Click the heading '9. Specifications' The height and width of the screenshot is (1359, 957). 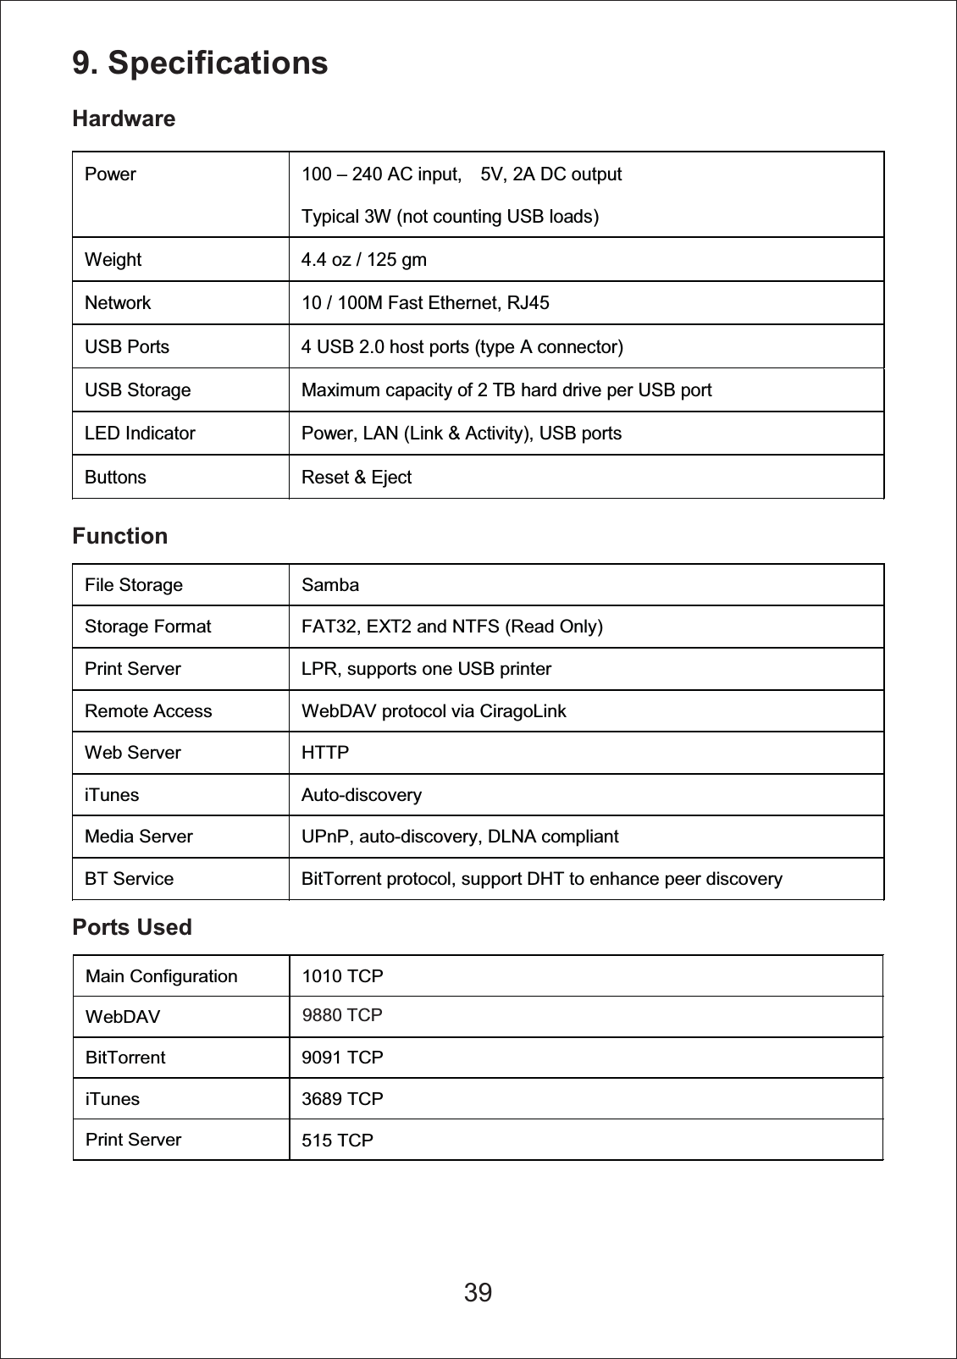(200, 63)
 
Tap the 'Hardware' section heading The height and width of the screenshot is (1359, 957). (124, 119)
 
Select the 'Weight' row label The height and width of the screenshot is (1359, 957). (113, 260)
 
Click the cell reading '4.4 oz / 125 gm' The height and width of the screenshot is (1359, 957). (364, 260)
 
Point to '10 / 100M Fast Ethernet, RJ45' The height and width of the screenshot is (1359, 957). (425, 303)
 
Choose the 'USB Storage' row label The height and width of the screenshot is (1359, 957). (137, 390)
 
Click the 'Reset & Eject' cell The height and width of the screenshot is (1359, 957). (357, 478)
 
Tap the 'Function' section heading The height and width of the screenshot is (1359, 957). (120, 537)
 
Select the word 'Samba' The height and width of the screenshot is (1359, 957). (330, 585)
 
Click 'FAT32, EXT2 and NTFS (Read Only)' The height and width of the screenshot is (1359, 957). (452, 627)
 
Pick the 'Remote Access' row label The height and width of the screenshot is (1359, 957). (148, 711)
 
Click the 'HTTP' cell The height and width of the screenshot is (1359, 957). (325, 753)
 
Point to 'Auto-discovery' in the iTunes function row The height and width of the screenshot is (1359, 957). (362, 795)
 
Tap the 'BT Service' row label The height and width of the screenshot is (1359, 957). (129, 879)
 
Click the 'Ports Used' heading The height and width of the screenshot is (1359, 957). (132, 927)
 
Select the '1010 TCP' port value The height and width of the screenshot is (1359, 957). (342, 976)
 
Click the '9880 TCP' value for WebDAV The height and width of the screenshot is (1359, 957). (342, 1015)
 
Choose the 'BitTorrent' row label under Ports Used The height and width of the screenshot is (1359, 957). (125, 1058)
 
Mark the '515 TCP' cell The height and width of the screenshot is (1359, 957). (337, 1141)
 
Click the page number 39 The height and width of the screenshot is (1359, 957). (478, 1293)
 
